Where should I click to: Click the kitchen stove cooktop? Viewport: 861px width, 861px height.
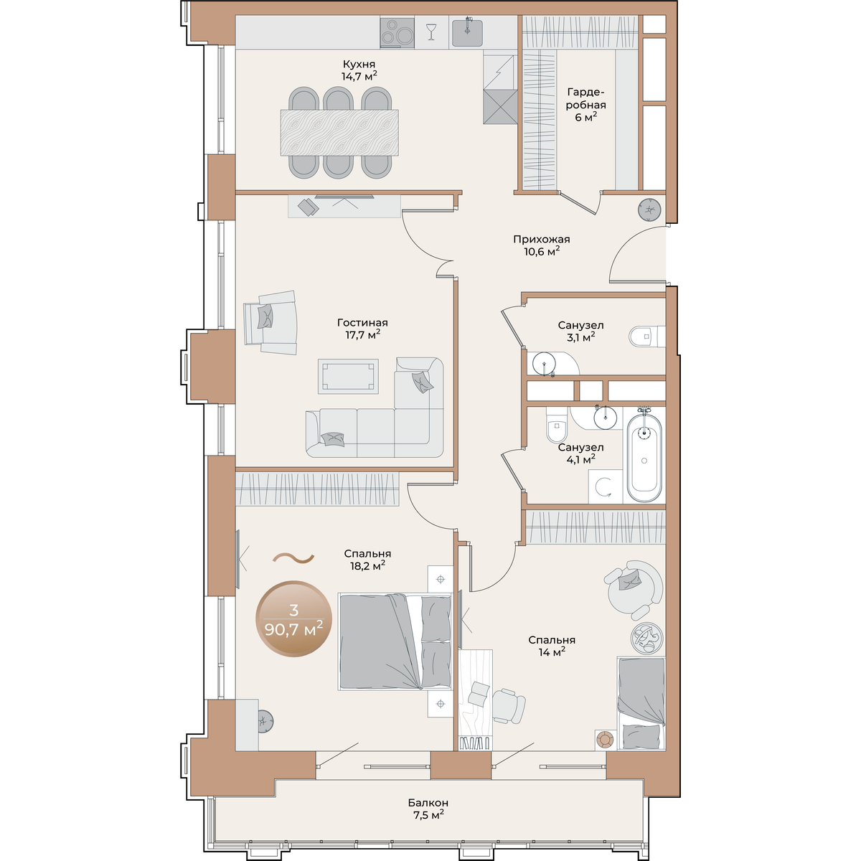[397, 32]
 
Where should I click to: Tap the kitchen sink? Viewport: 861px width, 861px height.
[467, 32]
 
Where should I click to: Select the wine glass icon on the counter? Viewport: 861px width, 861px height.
[431, 32]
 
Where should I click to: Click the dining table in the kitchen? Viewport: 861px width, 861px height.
[339, 133]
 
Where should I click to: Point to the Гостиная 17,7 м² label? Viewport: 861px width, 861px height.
[362, 329]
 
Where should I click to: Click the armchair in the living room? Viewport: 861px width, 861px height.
[270, 322]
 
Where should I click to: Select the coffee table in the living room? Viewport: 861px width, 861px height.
[348, 376]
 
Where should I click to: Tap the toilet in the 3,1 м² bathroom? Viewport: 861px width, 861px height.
[646, 336]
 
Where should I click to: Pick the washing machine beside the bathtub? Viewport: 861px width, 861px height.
[605, 486]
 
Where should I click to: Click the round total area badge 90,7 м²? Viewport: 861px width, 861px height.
[293, 618]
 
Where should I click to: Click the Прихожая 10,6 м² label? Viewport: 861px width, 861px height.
[542, 245]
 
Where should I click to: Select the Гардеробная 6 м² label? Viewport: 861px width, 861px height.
[586, 105]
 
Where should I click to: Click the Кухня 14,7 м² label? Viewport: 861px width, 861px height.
[359, 70]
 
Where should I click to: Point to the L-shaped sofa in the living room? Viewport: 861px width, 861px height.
[375, 408]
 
